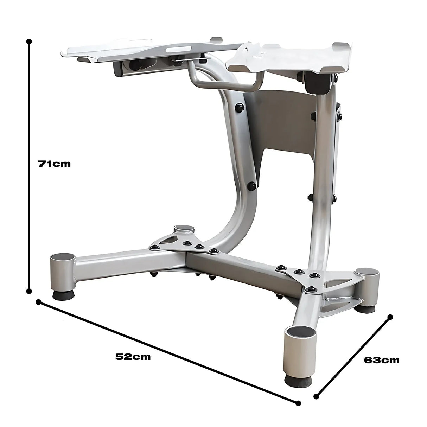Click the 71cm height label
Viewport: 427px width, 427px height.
coord(54,164)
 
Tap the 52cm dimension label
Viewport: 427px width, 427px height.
coord(133,356)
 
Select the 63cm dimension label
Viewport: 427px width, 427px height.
coord(382,360)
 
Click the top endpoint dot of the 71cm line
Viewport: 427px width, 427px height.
coord(29,42)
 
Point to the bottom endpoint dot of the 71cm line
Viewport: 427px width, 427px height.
coord(29,291)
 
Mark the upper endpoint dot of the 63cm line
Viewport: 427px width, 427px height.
coord(389,317)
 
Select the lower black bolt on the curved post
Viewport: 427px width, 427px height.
coord(251,185)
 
